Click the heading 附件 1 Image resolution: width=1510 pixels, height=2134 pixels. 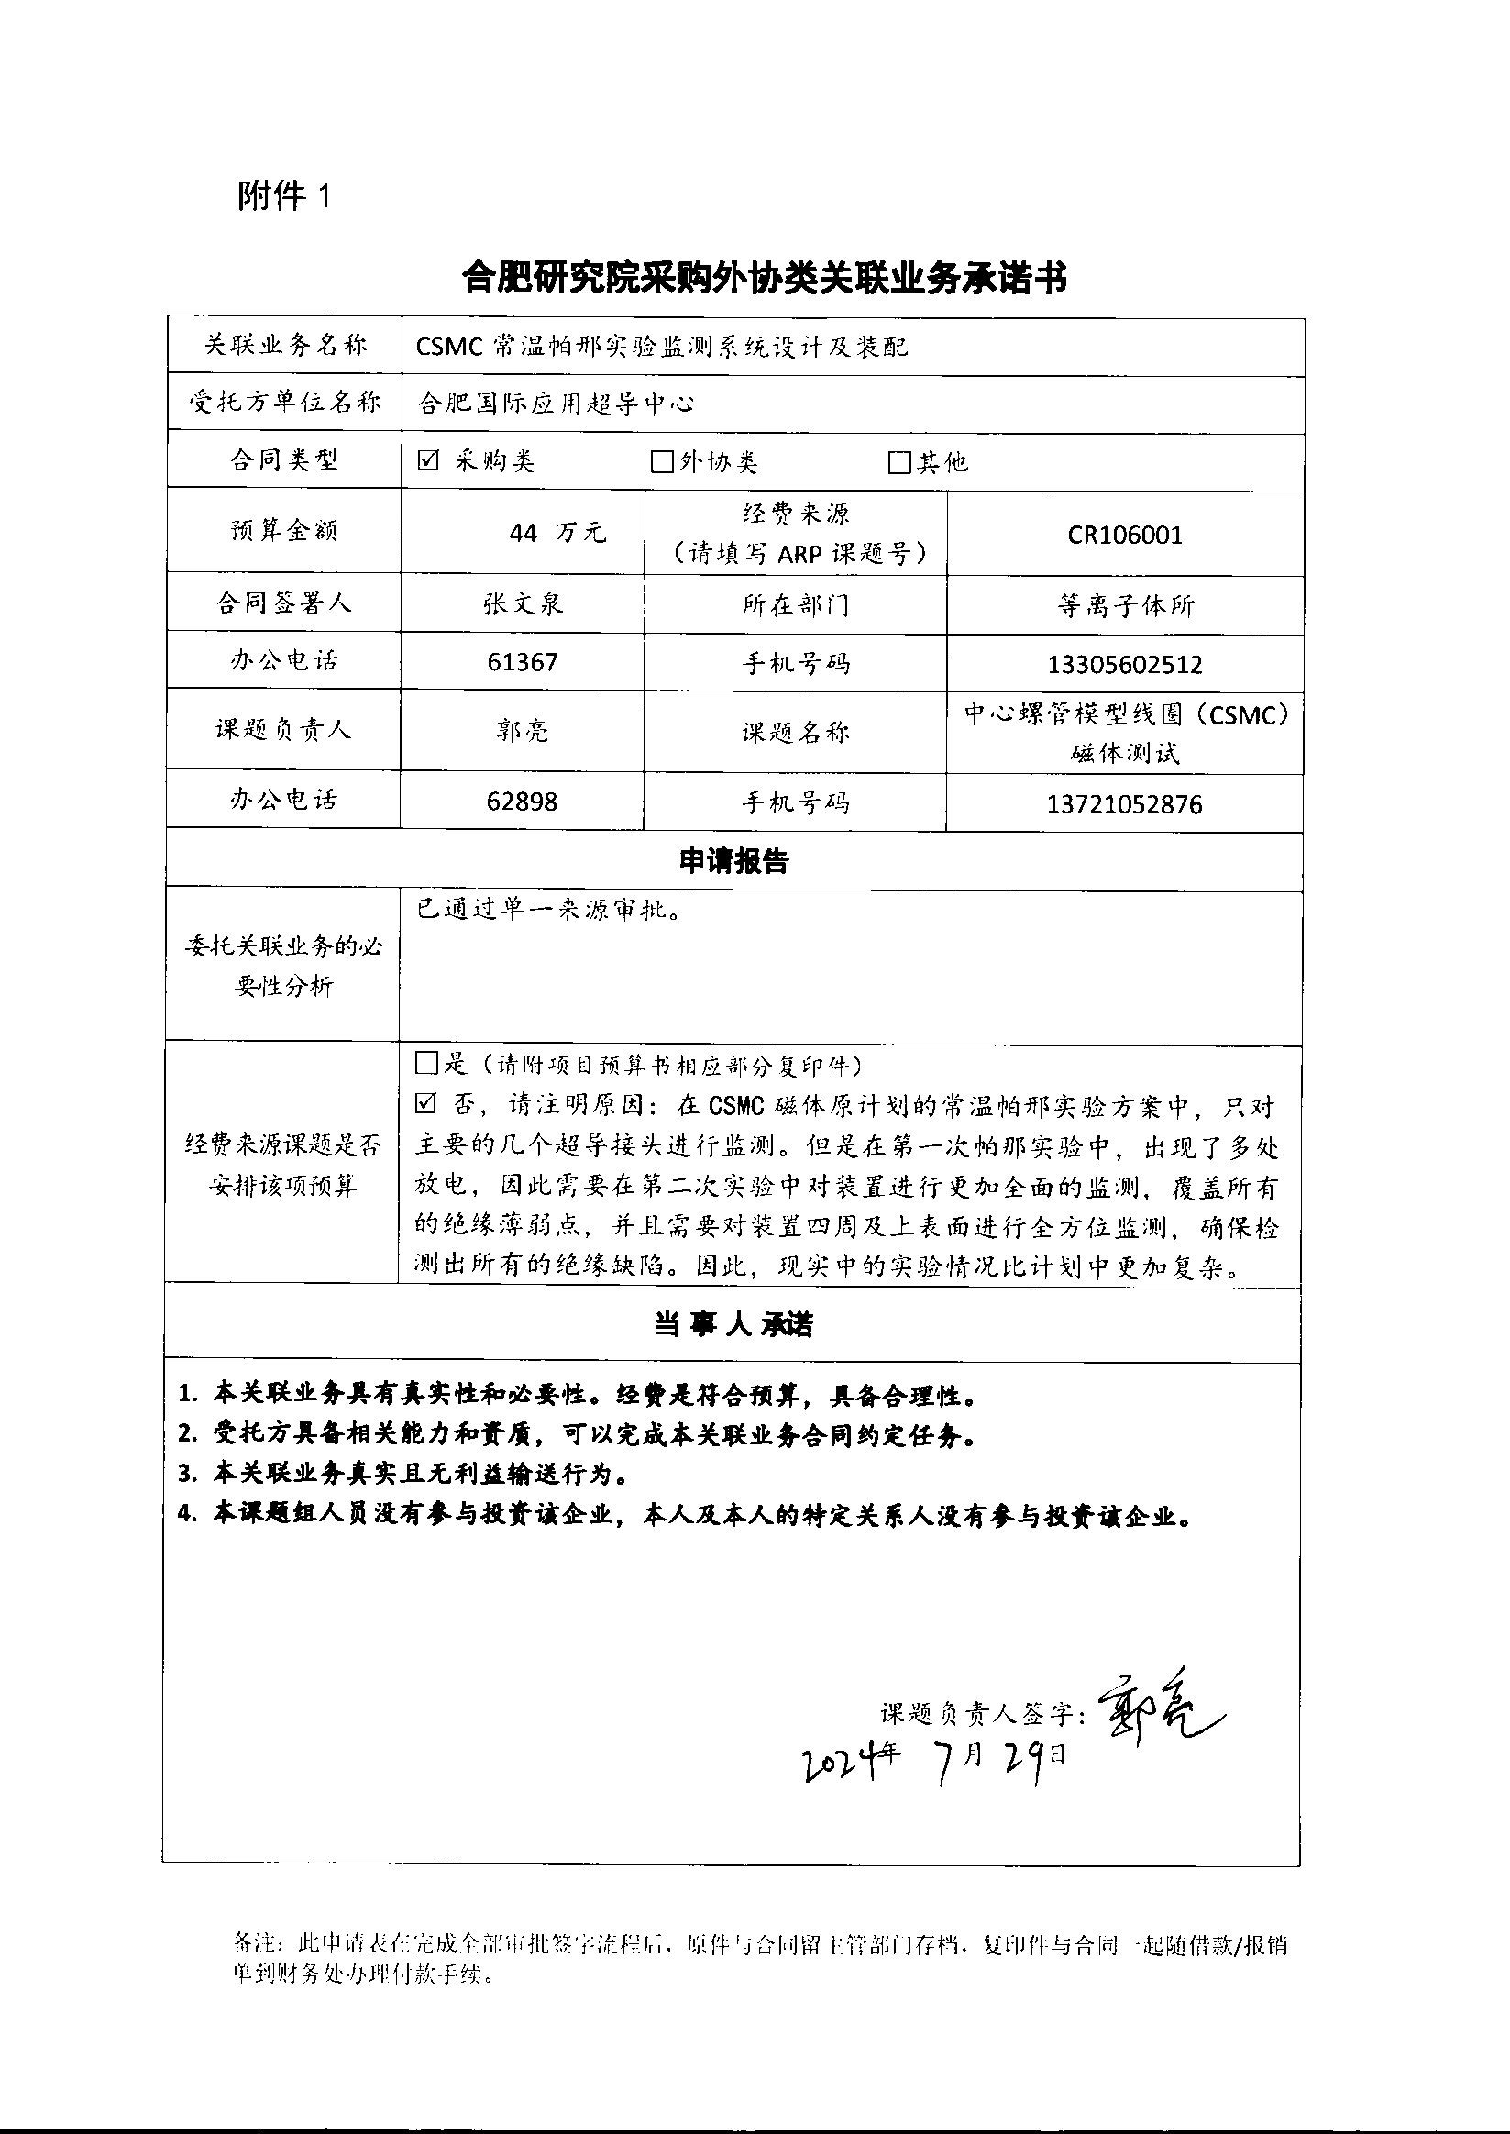(283, 196)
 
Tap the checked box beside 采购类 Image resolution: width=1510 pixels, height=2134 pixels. (428, 460)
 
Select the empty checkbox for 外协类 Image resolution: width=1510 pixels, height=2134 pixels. (661, 462)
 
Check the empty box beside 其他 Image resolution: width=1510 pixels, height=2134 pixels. (898, 462)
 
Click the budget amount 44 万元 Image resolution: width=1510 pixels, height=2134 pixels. (556, 533)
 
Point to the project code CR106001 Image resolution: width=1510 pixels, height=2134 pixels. (1124, 535)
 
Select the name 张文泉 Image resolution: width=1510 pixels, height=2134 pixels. (523, 604)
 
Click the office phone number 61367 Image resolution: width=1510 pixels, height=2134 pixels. (523, 662)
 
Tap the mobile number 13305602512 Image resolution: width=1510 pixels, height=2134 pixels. (1124, 665)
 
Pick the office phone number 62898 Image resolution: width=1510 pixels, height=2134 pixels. (523, 802)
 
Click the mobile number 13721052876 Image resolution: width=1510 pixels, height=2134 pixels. (1124, 804)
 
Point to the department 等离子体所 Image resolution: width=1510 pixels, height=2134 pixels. (1125, 606)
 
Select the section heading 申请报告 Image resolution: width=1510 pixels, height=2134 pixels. (733, 862)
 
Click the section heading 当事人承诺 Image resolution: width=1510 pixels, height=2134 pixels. (733, 1325)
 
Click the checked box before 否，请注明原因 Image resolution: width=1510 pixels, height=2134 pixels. (425, 1104)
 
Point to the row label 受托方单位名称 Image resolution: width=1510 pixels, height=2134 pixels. (284, 402)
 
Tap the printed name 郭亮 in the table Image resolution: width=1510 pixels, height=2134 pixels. (523, 731)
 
